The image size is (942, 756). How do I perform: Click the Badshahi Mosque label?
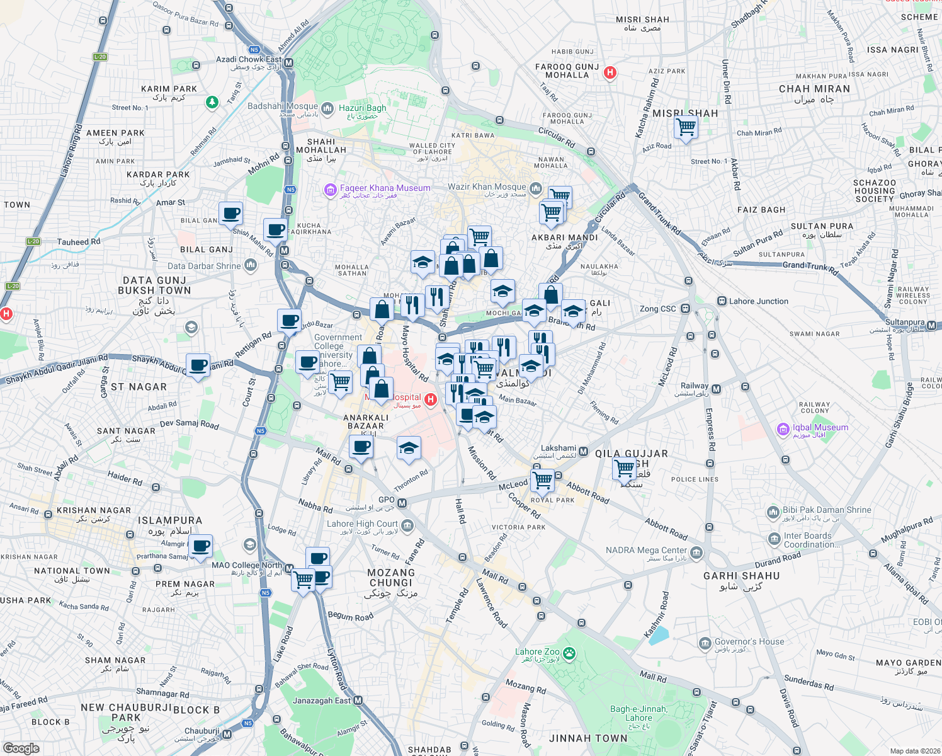point(282,106)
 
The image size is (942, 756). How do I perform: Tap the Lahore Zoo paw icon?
point(570,653)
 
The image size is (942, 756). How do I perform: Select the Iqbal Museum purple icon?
point(783,430)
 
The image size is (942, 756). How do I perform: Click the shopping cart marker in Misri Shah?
point(686,127)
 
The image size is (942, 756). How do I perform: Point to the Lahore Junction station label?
point(758,301)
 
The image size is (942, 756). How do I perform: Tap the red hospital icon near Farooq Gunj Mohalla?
point(610,72)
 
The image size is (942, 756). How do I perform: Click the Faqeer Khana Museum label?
point(385,188)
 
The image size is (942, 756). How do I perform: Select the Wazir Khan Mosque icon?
point(536,188)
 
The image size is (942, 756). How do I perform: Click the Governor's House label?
point(749,642)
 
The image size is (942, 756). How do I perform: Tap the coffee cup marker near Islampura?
point(201,546)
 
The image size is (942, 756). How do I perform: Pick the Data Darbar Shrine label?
point(204,266)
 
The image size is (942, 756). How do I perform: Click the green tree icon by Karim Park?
point(213,101)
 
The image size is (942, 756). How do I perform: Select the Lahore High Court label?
point(362,524)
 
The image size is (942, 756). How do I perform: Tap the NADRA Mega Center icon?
point(696,553)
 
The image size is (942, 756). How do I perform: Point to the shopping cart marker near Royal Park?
point(542,481)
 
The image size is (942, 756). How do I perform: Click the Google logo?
point(21,748)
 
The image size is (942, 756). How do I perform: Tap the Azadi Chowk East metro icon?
point(288,62)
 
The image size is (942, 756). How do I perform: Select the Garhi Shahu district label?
point(741,576)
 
